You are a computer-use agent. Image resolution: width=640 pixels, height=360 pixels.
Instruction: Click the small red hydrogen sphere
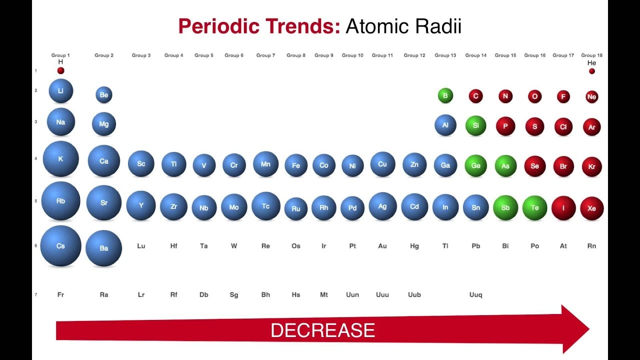(60, 70)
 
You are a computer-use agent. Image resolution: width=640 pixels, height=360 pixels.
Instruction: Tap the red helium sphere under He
(591, 71)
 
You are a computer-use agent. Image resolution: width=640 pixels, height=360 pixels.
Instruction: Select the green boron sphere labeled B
(445, 95)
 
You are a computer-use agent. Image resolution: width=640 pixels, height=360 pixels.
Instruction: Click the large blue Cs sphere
(60, 245)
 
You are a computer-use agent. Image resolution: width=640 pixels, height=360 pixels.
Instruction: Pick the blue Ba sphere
(103, 248)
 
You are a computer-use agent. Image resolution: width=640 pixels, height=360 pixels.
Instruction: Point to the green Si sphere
(475, 125)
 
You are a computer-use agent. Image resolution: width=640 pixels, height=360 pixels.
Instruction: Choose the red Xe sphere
(591, 208)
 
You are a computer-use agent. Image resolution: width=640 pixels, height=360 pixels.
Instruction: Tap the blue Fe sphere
(296, 165)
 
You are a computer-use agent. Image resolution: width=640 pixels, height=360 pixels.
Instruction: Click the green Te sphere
(534, 207)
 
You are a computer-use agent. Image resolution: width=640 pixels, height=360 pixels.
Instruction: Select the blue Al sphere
(445, 125)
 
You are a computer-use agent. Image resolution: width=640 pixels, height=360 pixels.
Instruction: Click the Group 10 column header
(352, 55)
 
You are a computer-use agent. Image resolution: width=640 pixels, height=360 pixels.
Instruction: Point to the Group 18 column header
(591, 55)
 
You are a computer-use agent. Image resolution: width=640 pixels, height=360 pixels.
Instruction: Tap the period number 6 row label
(35, 245)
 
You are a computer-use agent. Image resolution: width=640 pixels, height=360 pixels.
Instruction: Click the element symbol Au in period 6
(382, 245)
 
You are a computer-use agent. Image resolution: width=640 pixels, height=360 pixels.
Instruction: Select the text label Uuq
(475, 294)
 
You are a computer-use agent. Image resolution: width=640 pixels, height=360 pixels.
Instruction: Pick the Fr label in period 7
(60, 294)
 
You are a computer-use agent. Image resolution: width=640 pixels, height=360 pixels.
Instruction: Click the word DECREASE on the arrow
(322, 330)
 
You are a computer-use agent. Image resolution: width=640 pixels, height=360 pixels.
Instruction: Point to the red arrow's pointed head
(589, 329)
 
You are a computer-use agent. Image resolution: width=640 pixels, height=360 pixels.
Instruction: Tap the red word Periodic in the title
(218, 26)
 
